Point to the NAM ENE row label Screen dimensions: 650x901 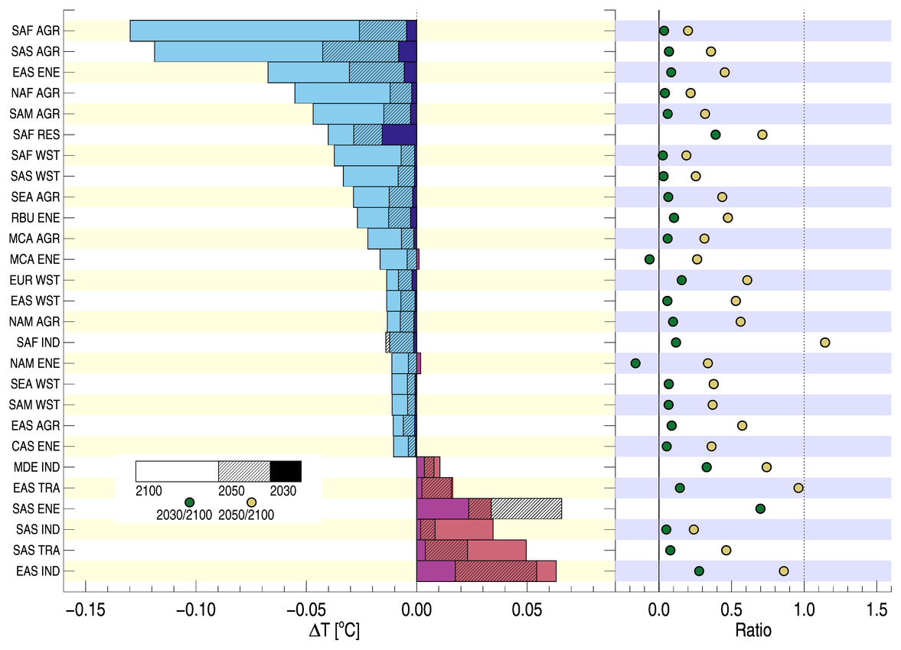(x=37, y=363)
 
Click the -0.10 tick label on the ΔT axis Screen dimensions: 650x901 (x=195, y=612)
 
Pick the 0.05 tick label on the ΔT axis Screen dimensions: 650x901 (x=527, y=612)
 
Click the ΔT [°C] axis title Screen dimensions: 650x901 (x=334, y=632)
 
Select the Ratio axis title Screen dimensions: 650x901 (x=753, y=632)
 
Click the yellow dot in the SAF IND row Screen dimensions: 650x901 (x=824, y=342)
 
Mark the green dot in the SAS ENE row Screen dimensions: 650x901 (x=760, y=509)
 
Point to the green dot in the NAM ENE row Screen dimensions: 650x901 (x=635, y=363)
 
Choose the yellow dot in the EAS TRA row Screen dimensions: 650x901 (x=798, y=488)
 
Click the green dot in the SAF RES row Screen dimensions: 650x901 (x=716, y=135)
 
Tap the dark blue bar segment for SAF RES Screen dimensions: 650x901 (x=399, y=135)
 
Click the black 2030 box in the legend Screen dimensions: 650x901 (x=286, y=471)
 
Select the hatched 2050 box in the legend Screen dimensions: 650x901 (x=244, y=471)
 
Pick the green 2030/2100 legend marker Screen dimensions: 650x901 (x=190, y=501)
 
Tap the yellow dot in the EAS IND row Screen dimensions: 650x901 (x=784, y=570)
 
